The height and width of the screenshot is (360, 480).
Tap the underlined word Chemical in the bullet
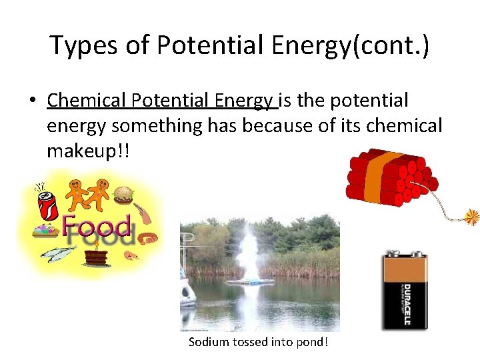pyautogui.click(x=87, y=101)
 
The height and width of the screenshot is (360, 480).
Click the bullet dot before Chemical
pyautogui.click(x=31, y=101)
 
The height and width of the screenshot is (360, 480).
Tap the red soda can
pyautogui.click(x=49, y=205)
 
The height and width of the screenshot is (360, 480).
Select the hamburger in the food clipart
pyautogui.click(x=123, y=194)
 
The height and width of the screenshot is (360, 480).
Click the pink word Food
pyautogui.click(x=97, y=227)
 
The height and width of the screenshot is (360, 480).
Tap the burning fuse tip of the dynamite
pyautogui.click(x=472, y=217)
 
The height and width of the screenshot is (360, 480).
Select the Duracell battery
pyautogui.click(x=405, y=290)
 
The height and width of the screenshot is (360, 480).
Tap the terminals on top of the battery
pyautogui.click(x=404, y=254)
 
